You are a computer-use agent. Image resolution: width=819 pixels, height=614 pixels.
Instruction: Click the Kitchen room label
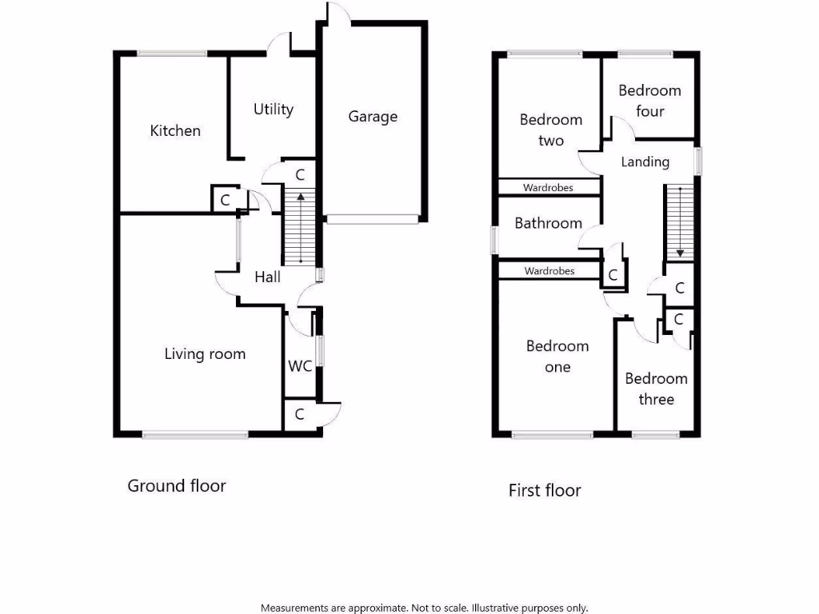pos(175,130)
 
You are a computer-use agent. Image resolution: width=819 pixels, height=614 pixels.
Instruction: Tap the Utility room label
pos(274,110)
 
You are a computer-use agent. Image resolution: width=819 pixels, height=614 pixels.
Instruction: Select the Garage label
pos(373,117)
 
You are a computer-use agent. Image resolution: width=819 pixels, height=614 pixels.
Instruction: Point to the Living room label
pos(205,353)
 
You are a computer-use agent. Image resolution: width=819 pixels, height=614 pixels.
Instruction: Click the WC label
pos(300,366)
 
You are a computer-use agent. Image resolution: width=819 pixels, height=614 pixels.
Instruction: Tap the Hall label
pos(267,277)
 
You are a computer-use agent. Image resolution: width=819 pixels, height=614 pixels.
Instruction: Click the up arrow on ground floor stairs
pos(300,196)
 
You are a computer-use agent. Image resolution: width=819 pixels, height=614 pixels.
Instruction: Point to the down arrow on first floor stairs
pos(680,252)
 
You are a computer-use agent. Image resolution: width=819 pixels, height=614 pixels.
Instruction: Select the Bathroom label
pos(548,223)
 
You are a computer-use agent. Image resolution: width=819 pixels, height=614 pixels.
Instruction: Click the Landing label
pos(645,161)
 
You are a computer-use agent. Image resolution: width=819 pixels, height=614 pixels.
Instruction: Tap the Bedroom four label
pos(649,101)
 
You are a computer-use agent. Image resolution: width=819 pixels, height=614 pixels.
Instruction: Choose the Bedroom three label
pos(656,389)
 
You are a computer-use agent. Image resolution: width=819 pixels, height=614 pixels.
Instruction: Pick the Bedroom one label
pos(557,357)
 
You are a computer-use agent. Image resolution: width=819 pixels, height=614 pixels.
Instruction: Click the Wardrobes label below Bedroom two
pos(548,188)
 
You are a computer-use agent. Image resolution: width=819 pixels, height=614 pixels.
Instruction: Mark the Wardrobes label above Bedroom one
pos(549,271)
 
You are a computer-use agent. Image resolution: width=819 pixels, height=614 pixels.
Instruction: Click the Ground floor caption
pos(177,485)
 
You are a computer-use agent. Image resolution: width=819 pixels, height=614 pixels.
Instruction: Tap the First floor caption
pos(545,490)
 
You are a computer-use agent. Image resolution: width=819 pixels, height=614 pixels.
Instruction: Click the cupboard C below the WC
pos(300,414)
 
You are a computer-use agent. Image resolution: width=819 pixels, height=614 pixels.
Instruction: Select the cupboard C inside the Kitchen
pos(226,200)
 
